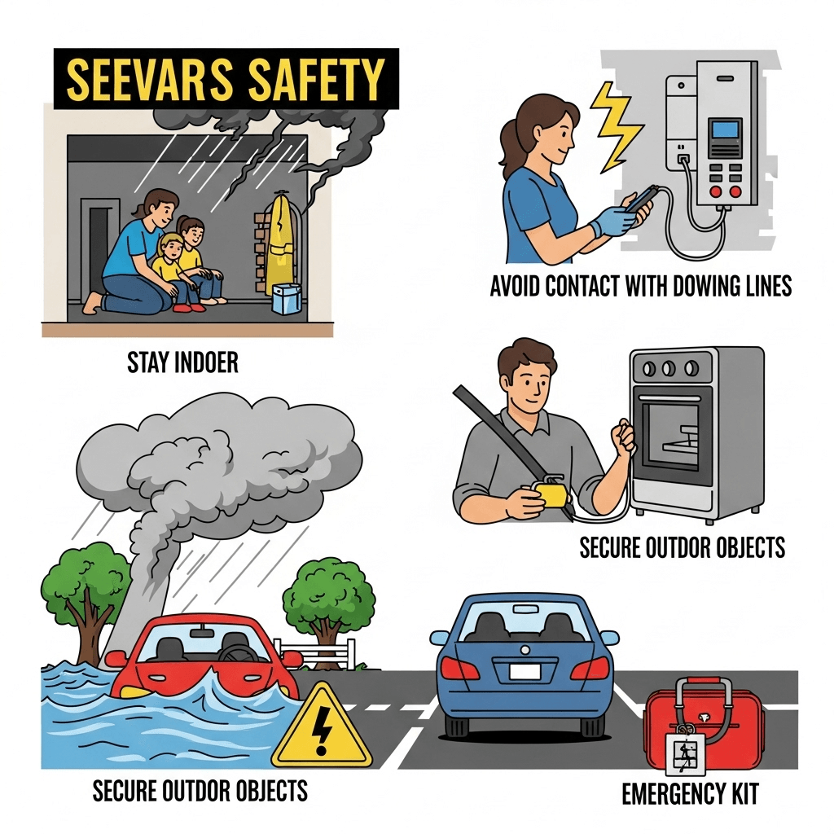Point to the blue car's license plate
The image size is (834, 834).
(525, 671)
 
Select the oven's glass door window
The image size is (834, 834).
(670, 433)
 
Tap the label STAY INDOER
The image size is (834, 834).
(182, 363)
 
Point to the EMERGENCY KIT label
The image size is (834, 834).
(690, 795)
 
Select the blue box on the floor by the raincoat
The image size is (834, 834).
(286, 298)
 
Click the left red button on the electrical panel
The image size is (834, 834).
(715, 191)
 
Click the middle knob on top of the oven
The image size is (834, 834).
(668, 368)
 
